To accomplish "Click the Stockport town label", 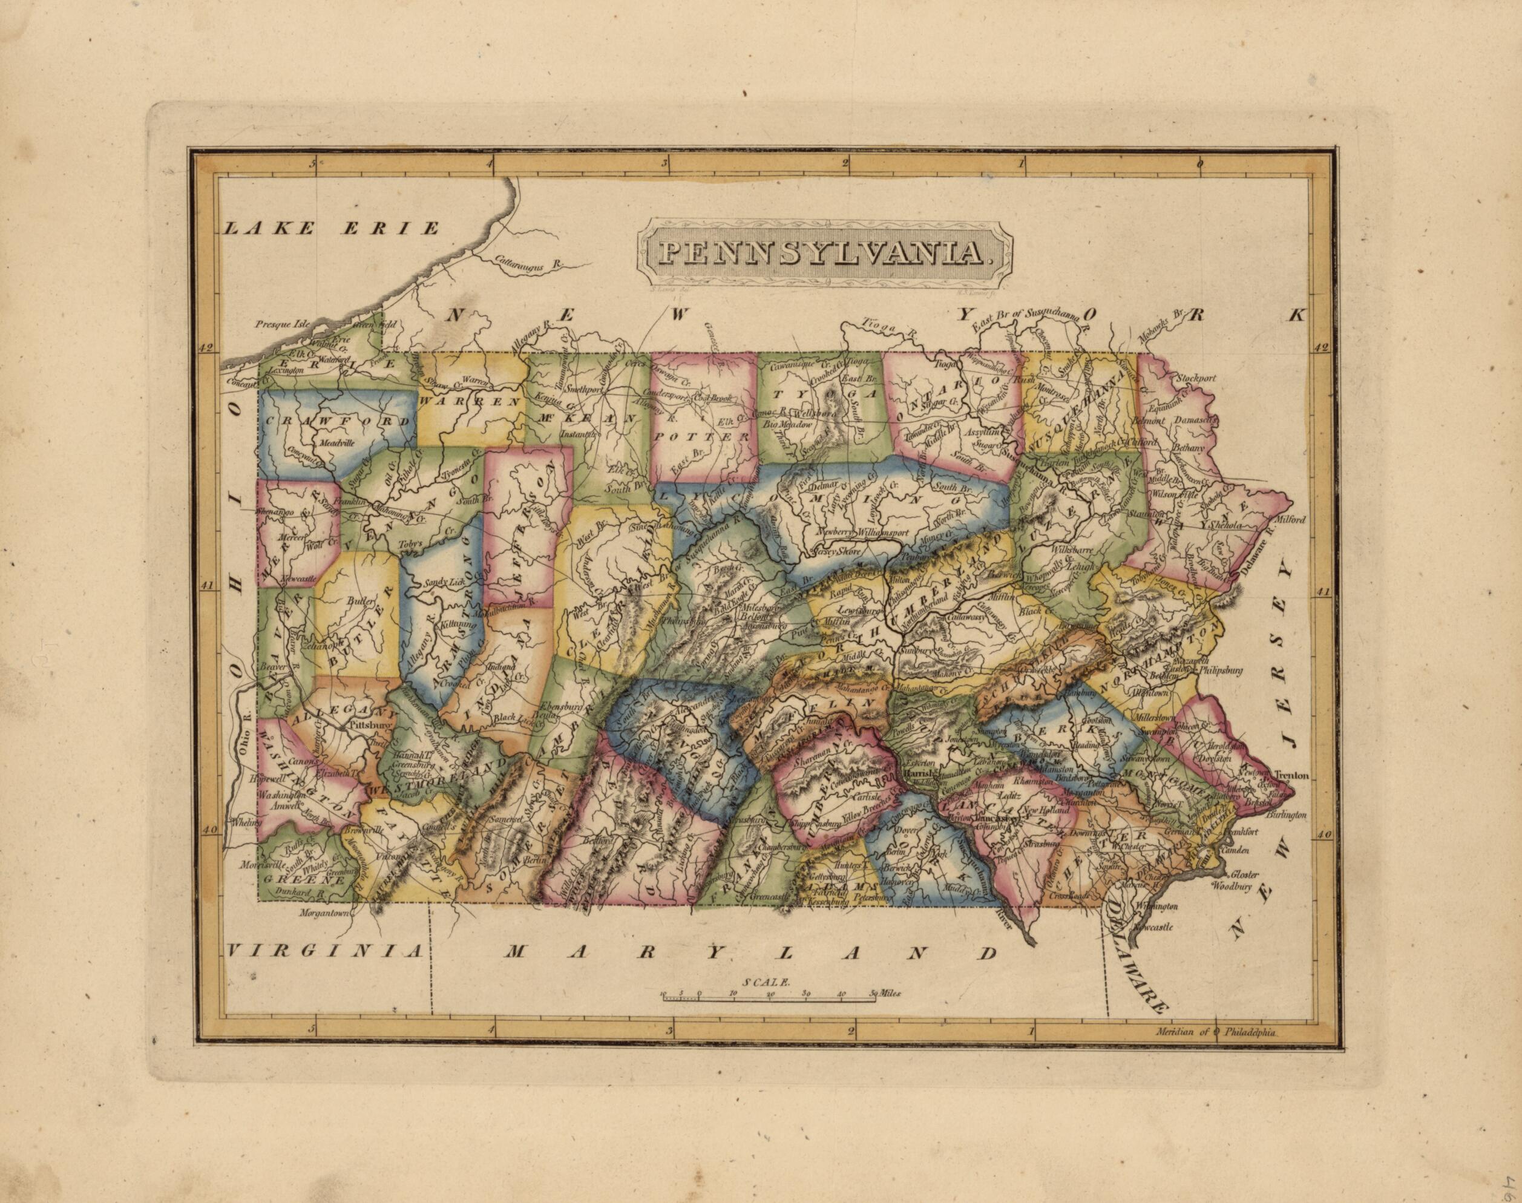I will [x=1195, y=378].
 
